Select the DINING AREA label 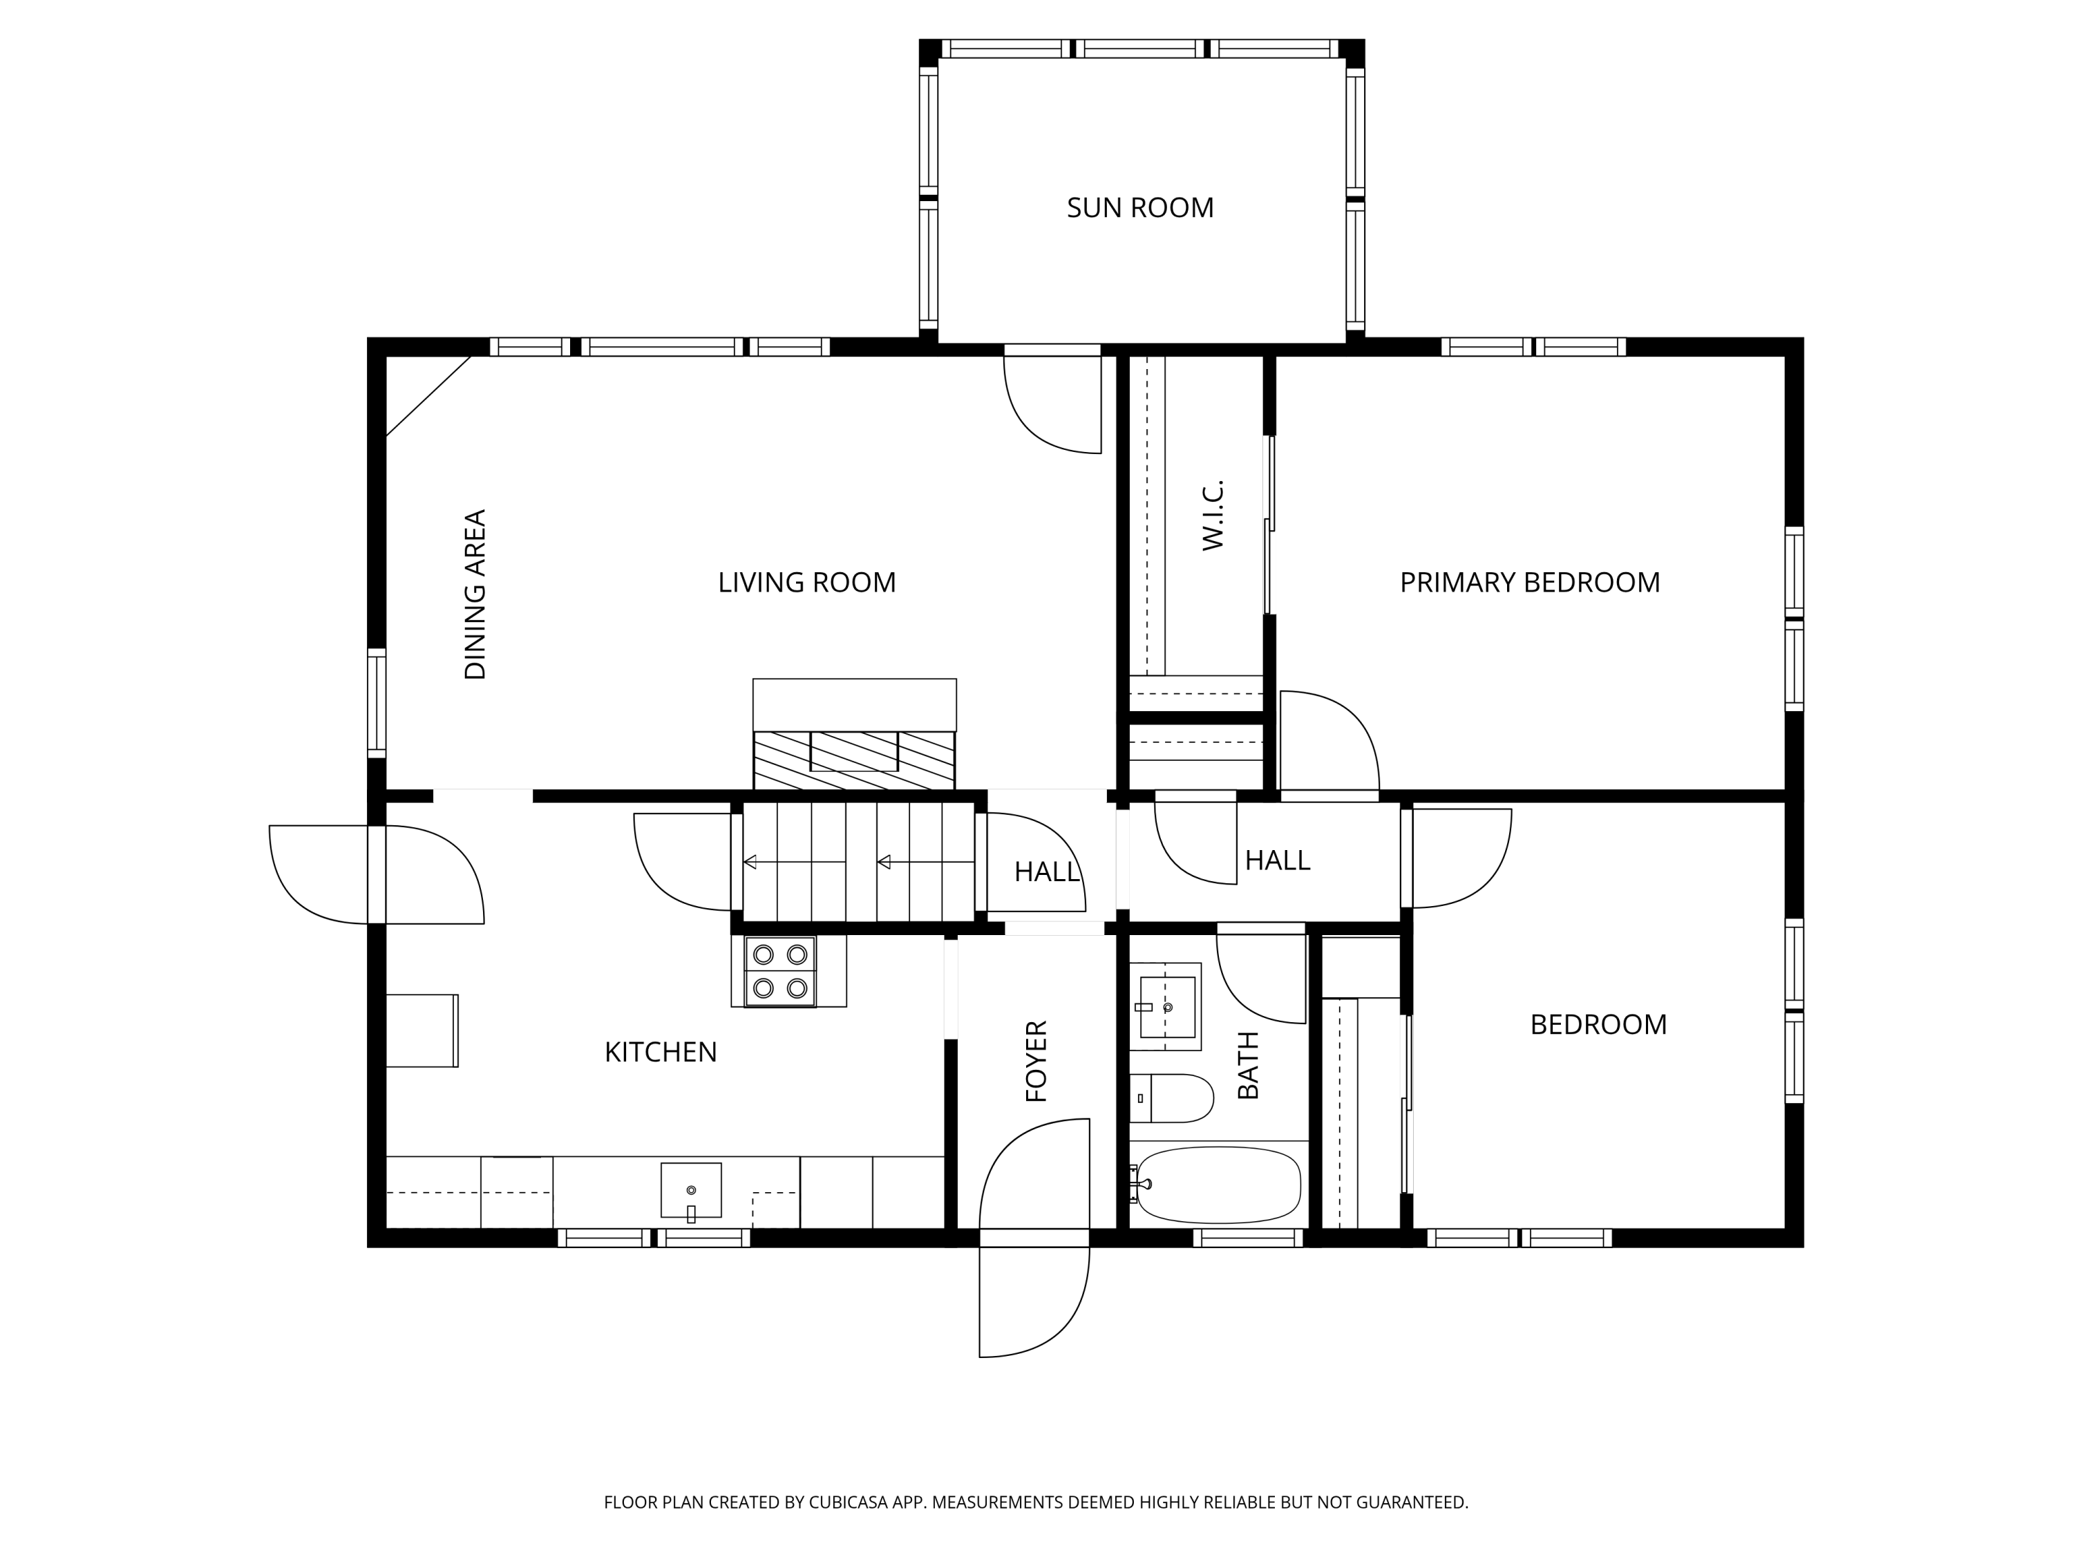point(475,594)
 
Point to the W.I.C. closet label point(1213,515)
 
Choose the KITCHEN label point(661,1052)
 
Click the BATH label point(1249,1065)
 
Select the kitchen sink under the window point(691,1190)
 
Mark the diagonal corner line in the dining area point(428,397)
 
